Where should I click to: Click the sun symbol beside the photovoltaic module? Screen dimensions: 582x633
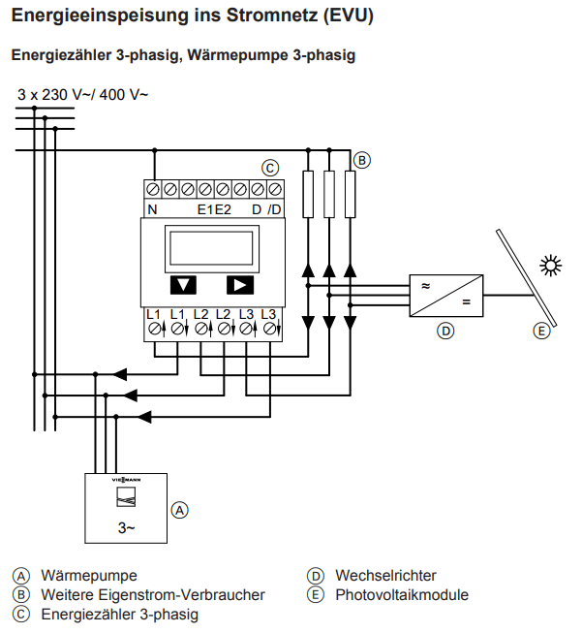tap(551, 266)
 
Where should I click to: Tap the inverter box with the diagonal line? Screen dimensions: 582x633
tap(446, 296)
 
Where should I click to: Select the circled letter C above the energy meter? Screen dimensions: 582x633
tap(270, 168)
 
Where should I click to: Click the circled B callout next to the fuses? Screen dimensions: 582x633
tap(362, 160)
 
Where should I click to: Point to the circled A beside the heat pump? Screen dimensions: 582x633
tap(179, 510)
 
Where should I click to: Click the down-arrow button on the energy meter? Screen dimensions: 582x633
tap(183, 285)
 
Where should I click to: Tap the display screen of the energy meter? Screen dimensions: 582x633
tap(212, 249)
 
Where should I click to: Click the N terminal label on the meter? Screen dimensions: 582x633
tap(152, 209)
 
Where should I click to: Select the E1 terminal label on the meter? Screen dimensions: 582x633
tap(205, 209)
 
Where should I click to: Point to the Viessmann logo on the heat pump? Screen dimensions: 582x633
tap(126, 480)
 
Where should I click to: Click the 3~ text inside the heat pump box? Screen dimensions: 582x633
tap(126, 527)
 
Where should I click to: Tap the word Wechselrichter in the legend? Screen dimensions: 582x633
tap(385, 576)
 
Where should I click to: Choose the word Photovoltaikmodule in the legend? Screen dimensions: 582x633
tap(402, 595)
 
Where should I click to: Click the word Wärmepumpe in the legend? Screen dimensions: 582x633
tap(89, 576)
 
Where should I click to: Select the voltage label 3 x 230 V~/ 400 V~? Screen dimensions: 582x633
tap(82, 94)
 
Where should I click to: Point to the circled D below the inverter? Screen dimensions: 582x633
tap(445, 331)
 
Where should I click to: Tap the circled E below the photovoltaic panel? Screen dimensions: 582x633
tap(541, 331)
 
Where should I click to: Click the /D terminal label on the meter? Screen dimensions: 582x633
tap(274, 209)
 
